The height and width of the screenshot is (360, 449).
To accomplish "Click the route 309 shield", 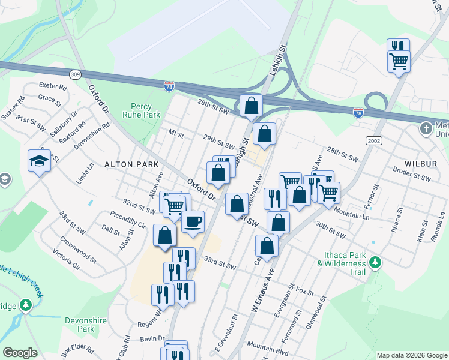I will coord(75,74).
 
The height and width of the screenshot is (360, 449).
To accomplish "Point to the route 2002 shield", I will coord(373,140).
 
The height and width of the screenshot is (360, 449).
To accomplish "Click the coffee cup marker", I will coord(193,221).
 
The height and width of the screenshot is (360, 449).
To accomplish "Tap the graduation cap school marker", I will coord(39,160).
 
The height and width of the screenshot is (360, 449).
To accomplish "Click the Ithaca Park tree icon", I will coord(375,262).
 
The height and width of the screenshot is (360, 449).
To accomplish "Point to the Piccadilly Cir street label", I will coord(128,218).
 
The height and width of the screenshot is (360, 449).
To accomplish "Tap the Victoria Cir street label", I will coord(66,260).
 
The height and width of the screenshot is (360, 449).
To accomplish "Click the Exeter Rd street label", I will coord(53,86).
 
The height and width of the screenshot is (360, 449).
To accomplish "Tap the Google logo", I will coord(20,353).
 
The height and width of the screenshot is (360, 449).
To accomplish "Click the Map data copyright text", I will coord(411,355).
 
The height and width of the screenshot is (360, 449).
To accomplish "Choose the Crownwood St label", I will coord(78,249).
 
